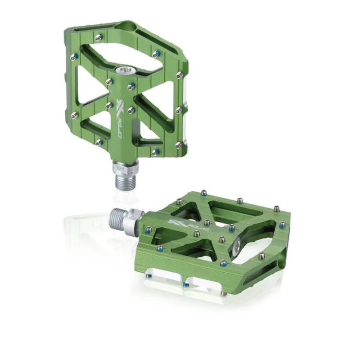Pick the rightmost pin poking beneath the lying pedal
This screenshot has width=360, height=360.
coord(224,293)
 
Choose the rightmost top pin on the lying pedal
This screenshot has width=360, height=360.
coord(282,224)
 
